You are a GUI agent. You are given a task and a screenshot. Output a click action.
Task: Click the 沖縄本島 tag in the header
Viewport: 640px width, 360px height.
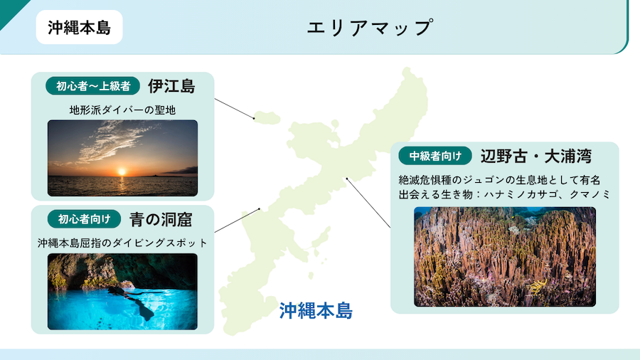pos(79,27)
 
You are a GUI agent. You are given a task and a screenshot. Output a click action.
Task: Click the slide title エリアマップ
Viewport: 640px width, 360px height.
pos(369,28)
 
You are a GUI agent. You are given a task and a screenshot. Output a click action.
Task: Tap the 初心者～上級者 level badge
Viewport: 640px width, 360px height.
pos(93,86)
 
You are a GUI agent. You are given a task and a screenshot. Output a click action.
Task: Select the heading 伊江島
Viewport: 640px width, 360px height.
pos(171,86)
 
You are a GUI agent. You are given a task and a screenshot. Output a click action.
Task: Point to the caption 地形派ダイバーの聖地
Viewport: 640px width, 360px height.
pos(122,110)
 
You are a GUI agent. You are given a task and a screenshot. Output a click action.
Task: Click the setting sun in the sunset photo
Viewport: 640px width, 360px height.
pos(122,171)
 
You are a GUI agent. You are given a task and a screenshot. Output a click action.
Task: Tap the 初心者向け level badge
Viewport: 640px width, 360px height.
pos(84,219)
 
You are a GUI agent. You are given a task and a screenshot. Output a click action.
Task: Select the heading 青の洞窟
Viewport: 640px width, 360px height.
pos(161,220)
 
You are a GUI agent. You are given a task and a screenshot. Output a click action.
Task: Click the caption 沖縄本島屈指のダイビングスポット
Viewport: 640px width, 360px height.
pos(122,243)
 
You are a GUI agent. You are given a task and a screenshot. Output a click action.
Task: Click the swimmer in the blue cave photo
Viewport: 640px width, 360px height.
pos(132,301)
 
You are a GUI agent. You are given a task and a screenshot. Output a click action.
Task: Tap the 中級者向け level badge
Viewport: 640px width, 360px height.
pos(435,156)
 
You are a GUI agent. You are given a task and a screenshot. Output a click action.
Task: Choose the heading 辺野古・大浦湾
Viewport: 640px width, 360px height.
pos(536,156)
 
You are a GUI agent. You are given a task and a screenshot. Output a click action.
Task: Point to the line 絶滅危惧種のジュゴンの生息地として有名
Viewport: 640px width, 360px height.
pos(500,180)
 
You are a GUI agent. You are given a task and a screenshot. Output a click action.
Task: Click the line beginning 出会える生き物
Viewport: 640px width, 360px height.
pos(504,194)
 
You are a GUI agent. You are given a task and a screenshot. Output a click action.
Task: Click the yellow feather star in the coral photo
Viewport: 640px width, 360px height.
pos(538,286)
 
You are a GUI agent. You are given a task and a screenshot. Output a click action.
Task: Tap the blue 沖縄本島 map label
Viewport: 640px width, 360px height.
pos(316,311)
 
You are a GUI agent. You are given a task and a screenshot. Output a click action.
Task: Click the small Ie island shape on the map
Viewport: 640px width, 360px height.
pos(267,118)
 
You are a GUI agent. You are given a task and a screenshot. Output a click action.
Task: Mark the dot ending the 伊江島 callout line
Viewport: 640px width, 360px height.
pos(254,118)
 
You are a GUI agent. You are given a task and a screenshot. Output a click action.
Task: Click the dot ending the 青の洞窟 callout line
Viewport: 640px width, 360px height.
pos(259,209)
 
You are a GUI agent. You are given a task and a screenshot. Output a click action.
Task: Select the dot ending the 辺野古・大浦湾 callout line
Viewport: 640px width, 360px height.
pos(347,179)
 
